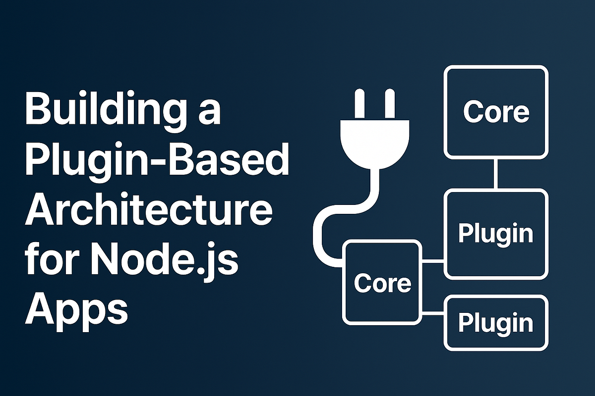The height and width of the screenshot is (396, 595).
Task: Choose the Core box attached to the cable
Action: (382, 282)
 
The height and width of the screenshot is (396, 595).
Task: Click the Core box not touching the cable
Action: (496, 112)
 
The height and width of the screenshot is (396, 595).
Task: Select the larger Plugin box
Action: (496, 234)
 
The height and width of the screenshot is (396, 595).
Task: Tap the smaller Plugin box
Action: (496, 323)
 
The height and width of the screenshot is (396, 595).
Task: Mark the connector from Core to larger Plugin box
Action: (433, 260)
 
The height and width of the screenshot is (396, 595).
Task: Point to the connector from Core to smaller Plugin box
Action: (433, 313)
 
